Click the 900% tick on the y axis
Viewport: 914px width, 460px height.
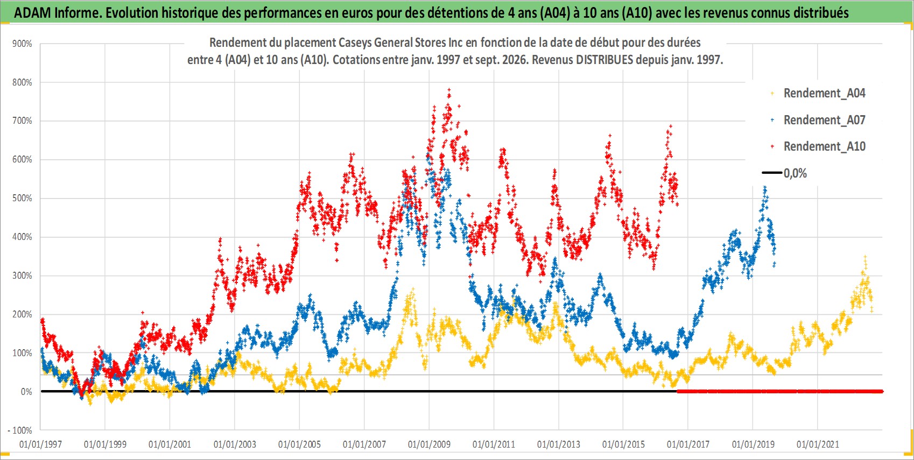tap(22, 44)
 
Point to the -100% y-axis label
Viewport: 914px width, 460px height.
tap(20, 430)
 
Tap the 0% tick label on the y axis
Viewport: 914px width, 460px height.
tap(26, 392)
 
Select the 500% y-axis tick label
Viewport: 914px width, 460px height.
tap(22, 198)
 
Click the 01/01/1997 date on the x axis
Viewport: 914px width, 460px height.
tap(40, 444)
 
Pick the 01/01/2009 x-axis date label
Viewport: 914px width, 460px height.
tap(429, 444)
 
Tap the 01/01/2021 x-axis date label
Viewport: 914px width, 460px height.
tap(818, 444)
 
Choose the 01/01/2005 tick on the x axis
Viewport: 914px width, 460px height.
tap(299, 444)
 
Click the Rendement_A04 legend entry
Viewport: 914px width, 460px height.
tap(824, 94)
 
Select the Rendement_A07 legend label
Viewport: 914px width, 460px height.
tap(824, 120)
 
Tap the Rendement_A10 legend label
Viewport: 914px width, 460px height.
tap(824, 146)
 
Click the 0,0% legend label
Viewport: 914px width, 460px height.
tap(795, 173)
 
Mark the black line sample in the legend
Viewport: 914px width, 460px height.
tap(772, 173)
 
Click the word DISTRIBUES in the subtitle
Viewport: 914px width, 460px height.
tap(604, 60)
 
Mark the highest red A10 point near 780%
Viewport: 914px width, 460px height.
tap(449, 89)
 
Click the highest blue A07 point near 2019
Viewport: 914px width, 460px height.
tap(765, 188)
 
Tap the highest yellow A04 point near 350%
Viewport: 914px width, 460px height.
tap(864, 257)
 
